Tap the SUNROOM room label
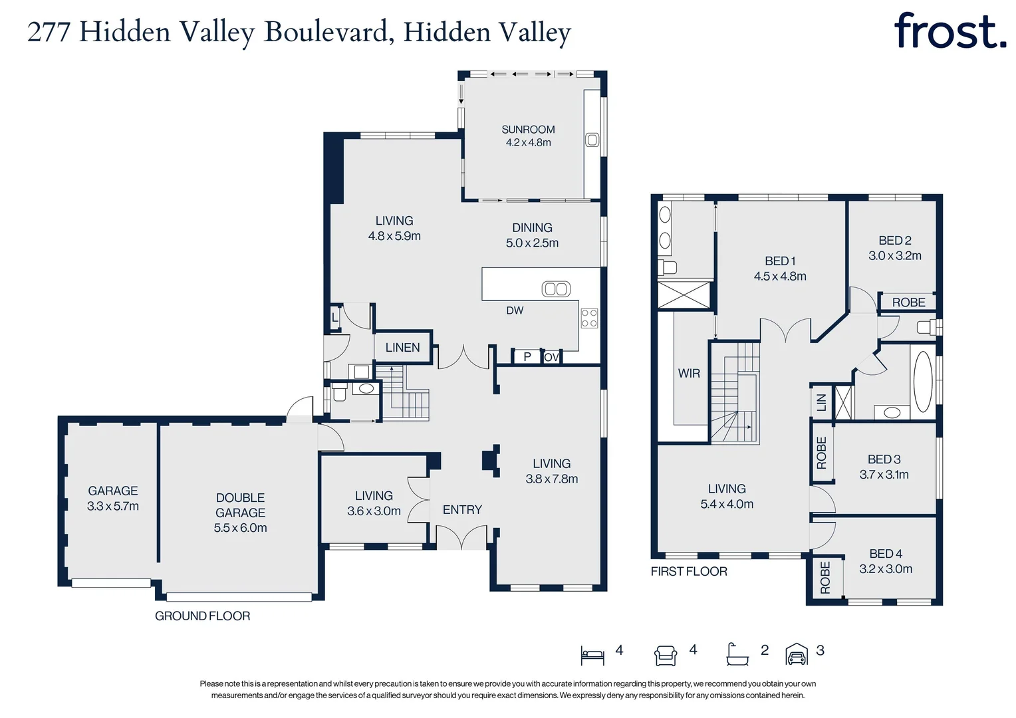(528, 130)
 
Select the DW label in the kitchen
(515, 310)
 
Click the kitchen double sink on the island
(556, 289)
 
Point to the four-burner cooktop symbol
(589, 318)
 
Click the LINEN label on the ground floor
(402, 348)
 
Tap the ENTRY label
(462, 510)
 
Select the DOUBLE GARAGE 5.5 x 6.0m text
(240, 513)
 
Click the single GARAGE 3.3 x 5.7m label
(113, 499)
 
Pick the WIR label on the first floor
(689, 374)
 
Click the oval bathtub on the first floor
(923, 382)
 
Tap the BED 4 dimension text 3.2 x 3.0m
(886, 569)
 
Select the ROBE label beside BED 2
(908, 302)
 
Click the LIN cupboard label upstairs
(821, 402)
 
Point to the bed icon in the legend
(592, 656)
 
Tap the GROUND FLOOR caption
(202, 616)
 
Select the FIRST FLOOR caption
(689, 572)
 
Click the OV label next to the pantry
(551, 358)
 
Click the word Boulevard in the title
(326, 32)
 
